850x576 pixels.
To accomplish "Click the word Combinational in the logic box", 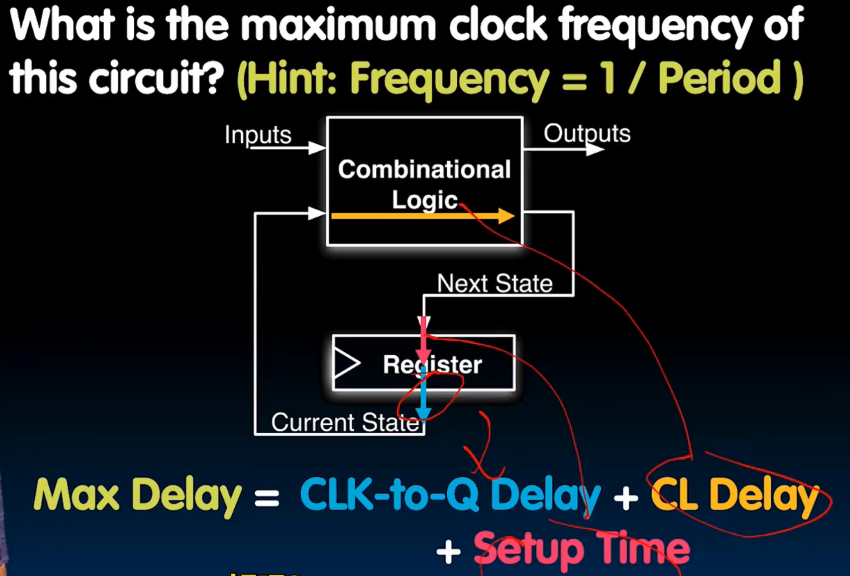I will pos(424,170).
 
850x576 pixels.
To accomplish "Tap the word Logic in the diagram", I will pos(424,200).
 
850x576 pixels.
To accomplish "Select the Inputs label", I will pos(258,134).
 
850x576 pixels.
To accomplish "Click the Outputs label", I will pos(587,133).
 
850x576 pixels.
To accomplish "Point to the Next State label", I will pos(495,283).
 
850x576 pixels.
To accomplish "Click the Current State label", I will pos(345,422).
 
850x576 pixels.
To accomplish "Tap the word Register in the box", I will pos(432,364).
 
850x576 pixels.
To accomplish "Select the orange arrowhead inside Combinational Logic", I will pos(506,216).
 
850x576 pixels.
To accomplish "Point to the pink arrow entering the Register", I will pos(424,339).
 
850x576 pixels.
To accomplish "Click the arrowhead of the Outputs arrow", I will pos(595,149).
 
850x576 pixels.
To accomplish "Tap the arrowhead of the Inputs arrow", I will pos(316,148).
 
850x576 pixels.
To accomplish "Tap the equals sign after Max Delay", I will pos(267,499).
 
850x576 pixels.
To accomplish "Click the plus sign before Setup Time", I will pos(449,552).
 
